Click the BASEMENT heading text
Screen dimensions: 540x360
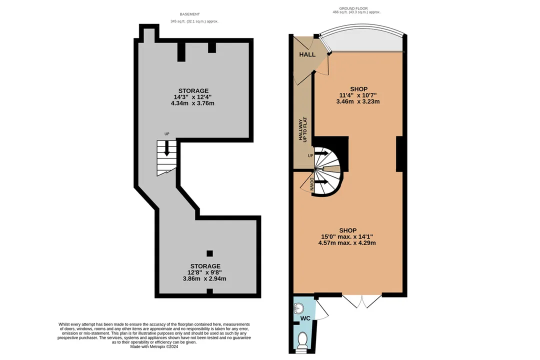pyautogui.click(x=190, y=14)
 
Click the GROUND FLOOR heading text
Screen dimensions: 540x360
pyautogui.click(x=353, y=8)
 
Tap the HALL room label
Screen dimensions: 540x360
pyautogui.click(x=307, y=54)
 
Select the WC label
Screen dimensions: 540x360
pyautogui.click(x=305, y=318)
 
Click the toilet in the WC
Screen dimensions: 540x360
pyautogui.click(x=302, y=339)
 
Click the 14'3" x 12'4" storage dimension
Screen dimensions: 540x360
pyautogui.click(x=192, y=97)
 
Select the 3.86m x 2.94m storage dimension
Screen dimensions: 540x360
pyautogui.click(x=204, y=278)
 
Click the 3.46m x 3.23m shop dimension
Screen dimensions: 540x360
pyautogui.click(x=358, y=101)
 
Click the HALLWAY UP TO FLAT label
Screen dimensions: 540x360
pyautogui.click(x=302, y=129)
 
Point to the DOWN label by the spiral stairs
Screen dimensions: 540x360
pyautogui.click(x=311, y=184)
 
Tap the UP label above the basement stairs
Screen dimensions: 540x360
pyautogui.click(x=166, y=134)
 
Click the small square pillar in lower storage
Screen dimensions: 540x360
pyautogui.click(x=209, y=253)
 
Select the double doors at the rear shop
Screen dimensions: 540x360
pyautogui.click(x=361, y=300)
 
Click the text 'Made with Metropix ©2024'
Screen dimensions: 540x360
pyautogui.click(x=154, y=347)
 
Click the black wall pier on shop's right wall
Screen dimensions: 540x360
pyautogui.click(x=399, y=154)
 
